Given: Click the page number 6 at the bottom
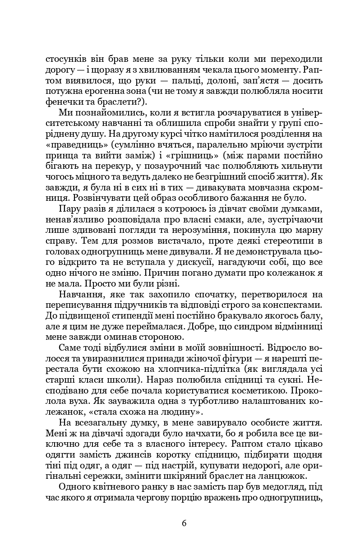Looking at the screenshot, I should tap(184, 523).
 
